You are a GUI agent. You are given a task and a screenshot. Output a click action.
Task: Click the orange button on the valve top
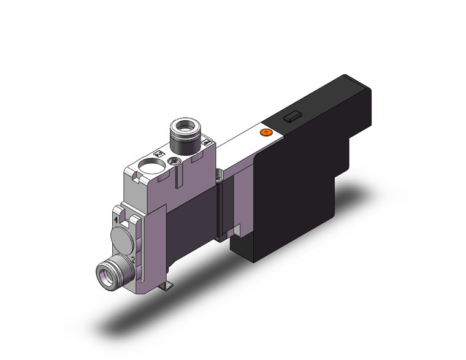(265, 132)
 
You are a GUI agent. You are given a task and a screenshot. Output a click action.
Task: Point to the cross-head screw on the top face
(175, 161)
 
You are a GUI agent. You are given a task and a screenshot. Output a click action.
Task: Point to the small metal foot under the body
(166, 285)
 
